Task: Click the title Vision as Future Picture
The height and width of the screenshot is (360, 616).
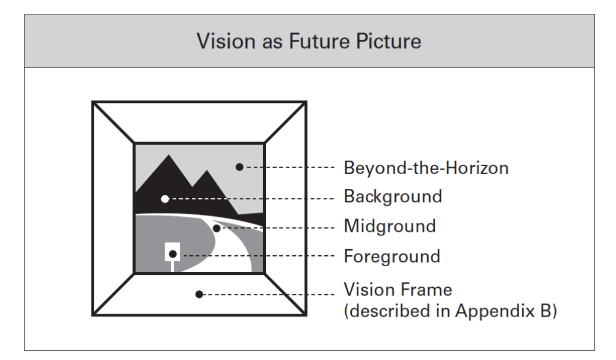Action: pos(308,42)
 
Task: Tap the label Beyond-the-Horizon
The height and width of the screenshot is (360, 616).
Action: pos(426,167)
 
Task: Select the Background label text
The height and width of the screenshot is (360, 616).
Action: pos(393,197)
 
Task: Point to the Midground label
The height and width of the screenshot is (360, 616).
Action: pos(389,226)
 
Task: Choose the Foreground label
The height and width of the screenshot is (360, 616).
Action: pos(392,256)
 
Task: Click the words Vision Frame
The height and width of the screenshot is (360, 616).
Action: pos(397,290)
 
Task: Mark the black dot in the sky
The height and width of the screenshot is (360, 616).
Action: pos(239,167)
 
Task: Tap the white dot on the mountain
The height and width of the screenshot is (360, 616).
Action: pos(165,199)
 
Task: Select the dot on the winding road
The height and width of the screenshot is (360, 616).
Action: pos(217,228)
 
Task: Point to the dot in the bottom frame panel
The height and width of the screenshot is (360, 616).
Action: pos(199,294)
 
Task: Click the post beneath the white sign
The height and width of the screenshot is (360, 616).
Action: pos(173,267)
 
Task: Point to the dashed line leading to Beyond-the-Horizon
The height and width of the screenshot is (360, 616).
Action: pos(289,167)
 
